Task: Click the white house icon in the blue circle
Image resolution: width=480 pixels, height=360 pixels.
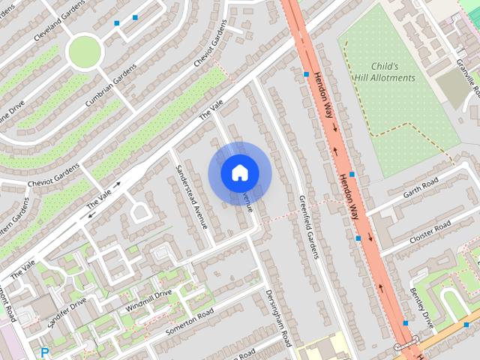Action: [239, 172]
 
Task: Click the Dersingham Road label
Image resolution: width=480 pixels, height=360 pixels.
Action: [278, 318]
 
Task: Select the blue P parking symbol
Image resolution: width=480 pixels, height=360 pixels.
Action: [44, 352]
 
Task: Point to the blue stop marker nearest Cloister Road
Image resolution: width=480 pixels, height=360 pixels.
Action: [358, 238]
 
